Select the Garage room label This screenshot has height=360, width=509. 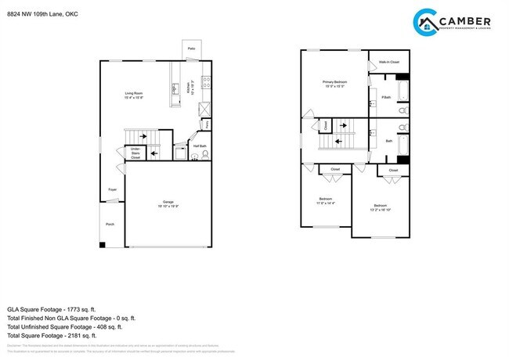pos(168,202)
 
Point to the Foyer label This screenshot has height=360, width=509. pos(113,189)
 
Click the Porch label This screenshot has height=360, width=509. pos(110,224)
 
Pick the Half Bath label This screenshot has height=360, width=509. pos(200,146)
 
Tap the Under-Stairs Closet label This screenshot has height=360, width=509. pos(135,152)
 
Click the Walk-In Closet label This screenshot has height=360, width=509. pos(389,62)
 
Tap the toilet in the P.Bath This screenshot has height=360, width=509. pos(403,111)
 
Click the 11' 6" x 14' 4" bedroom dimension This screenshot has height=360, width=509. pos(325,203)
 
